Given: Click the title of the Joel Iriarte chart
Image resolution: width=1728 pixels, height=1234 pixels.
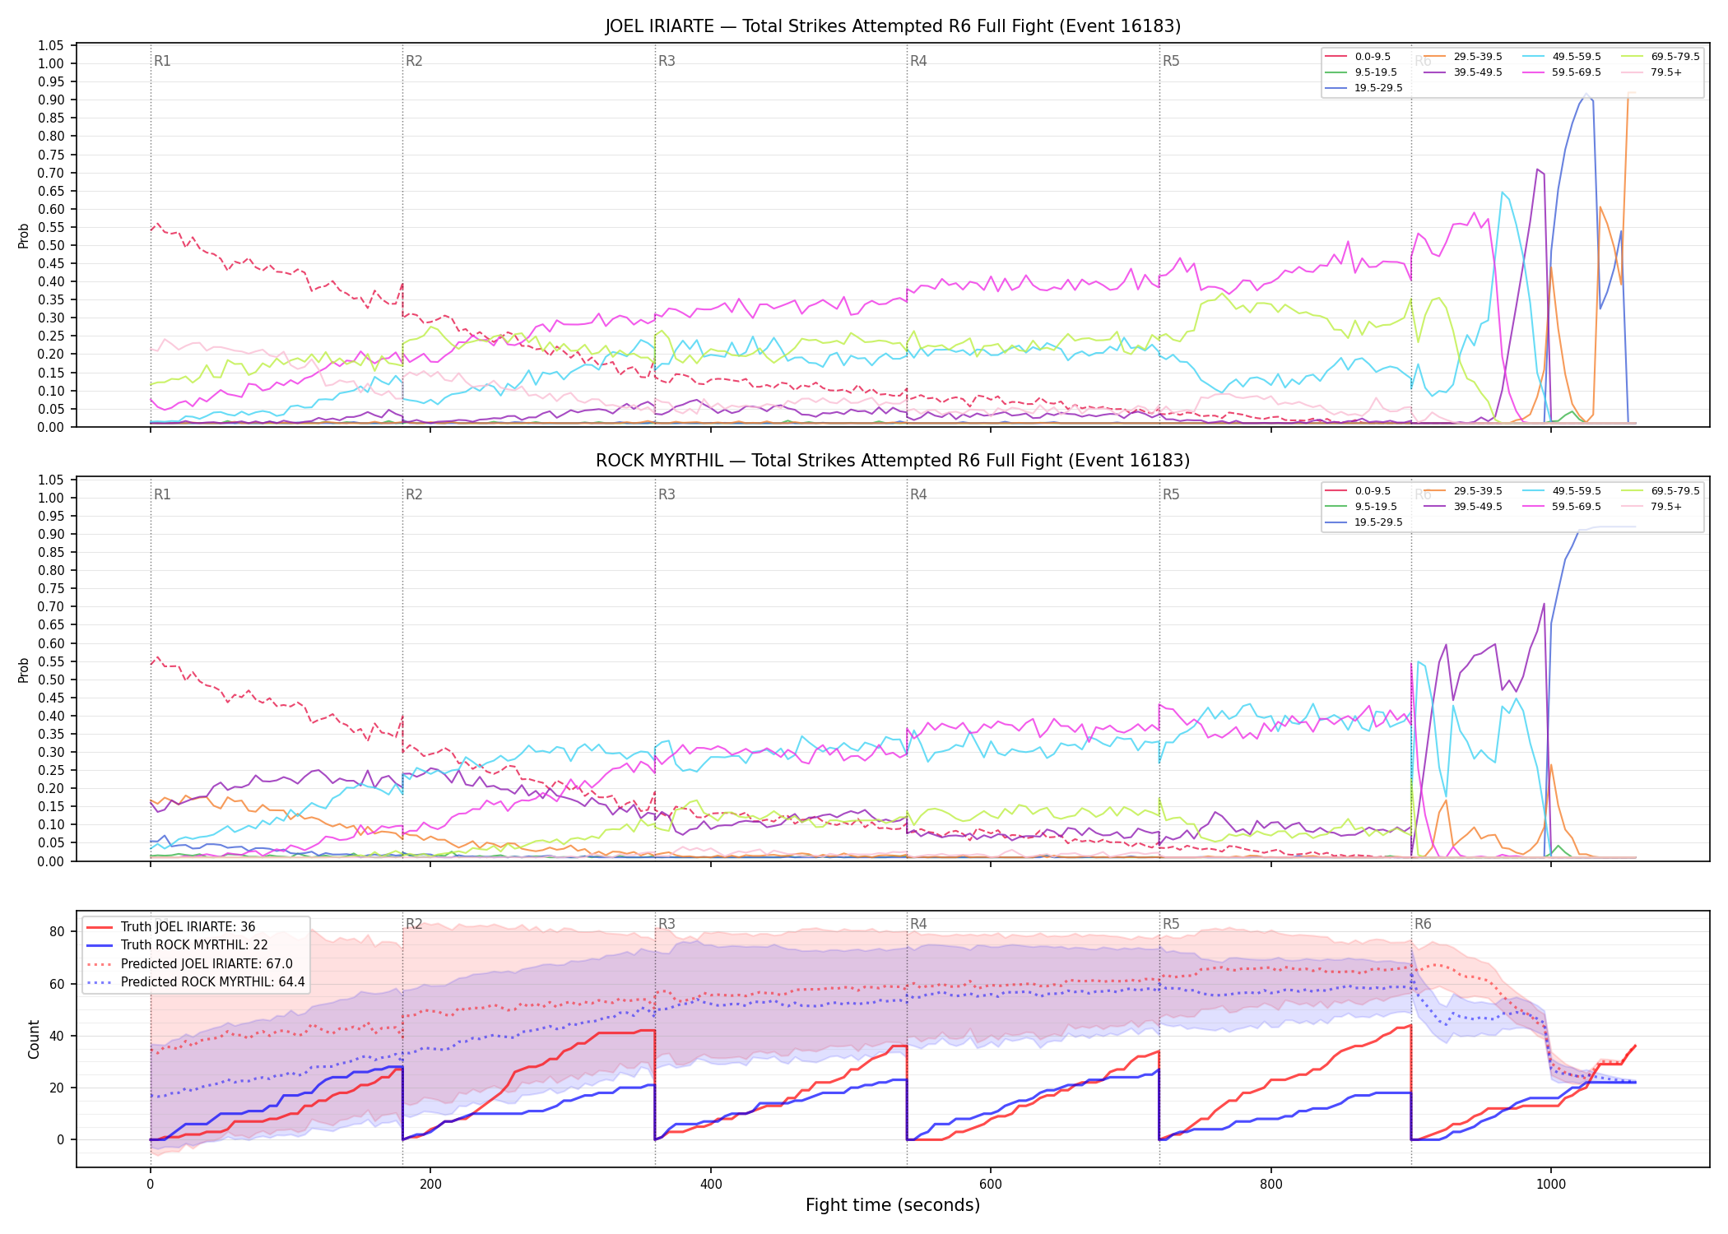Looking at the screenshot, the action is click(893, 26).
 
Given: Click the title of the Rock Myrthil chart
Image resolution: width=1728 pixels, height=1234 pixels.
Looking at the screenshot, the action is click(893, 461).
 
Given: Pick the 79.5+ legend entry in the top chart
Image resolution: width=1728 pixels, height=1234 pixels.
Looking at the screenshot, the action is click(1651, 72).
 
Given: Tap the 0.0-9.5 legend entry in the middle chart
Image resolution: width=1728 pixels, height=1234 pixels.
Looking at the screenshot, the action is click(1359, 491).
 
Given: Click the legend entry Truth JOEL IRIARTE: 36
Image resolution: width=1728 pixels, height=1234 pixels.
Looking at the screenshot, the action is click(171, 927).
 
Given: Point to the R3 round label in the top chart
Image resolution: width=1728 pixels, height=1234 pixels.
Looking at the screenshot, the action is click(667, 61).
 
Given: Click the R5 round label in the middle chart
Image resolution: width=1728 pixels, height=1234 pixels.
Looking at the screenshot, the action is click(1171, 494).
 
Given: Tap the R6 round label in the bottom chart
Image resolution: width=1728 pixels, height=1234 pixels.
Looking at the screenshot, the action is click(1423, 924).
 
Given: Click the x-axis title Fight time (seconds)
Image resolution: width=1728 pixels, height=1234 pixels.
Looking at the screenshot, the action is click(893, 1205).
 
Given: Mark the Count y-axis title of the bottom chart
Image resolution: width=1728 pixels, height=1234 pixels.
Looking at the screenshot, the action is click(34, 1039).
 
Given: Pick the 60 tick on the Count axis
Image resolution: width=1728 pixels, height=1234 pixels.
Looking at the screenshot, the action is click(57, 984).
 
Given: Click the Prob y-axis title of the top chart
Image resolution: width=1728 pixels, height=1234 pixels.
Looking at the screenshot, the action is click(24, 235).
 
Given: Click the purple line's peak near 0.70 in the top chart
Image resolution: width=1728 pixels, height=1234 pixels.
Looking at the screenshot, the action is click(1537, 169).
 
